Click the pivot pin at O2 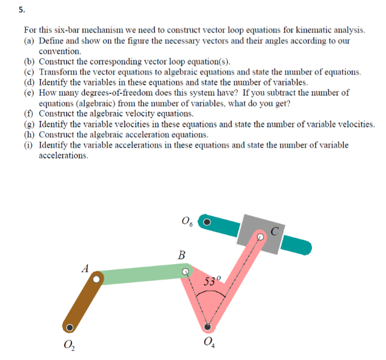tap(70, 327)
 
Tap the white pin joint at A tap(97, 278)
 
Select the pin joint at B tap(185, 272)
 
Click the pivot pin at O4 tap(209, 327)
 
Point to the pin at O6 tap(208, 222)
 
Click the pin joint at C tap(260, 236)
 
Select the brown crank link tap(83, 304)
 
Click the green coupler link tap(141, 275)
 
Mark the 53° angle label tap(211, 281)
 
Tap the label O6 tap(187, 221)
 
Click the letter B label tap(181, 255)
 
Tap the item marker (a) tap(30, 41)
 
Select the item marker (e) tap(30, 92)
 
